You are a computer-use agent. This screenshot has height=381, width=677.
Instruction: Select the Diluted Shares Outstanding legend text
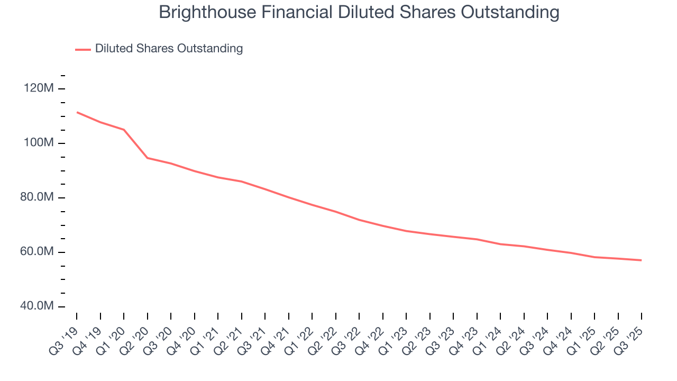[x=169, y=49]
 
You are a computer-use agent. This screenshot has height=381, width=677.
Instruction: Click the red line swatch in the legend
[x=83, y=49]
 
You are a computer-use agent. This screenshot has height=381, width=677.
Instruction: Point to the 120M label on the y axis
[x=39, y=88]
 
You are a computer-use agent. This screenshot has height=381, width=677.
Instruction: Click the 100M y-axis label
[x=39, y=143]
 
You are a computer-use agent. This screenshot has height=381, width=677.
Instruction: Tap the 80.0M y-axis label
[x=37, y=197]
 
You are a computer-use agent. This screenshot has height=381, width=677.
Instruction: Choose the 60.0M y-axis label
[x=37, y=252]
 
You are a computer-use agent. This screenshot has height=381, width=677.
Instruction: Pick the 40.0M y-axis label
[x=37, y=306]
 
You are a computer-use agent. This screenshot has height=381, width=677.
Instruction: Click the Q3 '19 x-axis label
[x=65, y=339]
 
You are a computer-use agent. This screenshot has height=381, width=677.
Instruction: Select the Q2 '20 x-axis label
[x=135, y=339]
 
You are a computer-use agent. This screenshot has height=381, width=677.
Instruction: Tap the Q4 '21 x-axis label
[x=277, y=339]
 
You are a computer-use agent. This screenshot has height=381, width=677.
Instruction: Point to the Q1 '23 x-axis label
[x=395, y=339]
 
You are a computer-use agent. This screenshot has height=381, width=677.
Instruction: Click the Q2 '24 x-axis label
[x=512, y=339]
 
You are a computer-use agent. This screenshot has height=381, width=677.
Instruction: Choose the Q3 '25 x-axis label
[x=629, y=339]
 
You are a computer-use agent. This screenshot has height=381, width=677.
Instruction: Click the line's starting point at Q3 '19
[x=77, y=112]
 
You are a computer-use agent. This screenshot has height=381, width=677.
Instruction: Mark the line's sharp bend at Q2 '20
[x=147, y=158]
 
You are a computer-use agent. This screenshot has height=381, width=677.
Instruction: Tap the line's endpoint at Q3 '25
[x=642, y=260]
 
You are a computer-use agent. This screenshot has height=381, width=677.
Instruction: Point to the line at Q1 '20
[x=124, y=130]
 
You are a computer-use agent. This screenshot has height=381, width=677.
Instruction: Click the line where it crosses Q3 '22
[x=359, y=220]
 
